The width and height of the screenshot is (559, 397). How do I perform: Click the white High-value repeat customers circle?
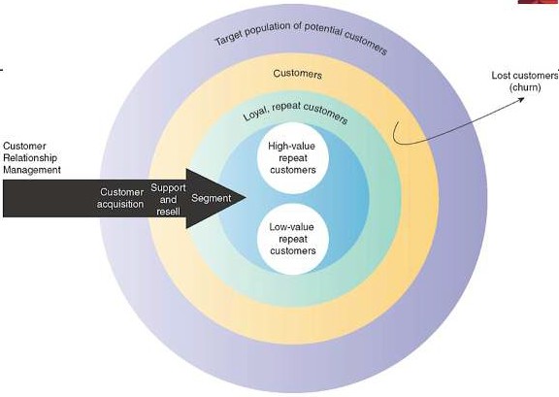pyautogui.click(x=293, y=158)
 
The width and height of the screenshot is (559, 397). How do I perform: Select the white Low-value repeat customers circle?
pyautogui.click(x=293, y=239)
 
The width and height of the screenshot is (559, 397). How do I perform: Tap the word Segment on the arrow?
pyautogui.click(x=212, y=198)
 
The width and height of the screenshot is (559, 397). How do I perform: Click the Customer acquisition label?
pyautogui.click(x=120, y=198)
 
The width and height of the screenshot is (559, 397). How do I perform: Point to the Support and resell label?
pyautogui.click(x=168, y=199)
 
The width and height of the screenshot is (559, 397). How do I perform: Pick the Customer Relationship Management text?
pyautogui.click(x=32, y=158)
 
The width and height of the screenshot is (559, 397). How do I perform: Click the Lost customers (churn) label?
pyautogui.click(x=524, y=82)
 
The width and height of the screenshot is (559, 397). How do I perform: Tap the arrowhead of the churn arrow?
pyautogui.click(x=521, y=98)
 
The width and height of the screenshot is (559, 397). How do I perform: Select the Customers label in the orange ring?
pyautogui.click(x=298, y=74)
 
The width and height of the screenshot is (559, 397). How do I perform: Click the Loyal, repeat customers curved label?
pyautogui.click(x=295, y=112)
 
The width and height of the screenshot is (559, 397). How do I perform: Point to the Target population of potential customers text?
pyautogui.click(x=301, y=38)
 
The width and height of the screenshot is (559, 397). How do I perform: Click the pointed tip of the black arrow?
pyautogui.click(x=246, y=197)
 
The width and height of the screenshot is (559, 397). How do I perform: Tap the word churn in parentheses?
pyautogui.click(x=525, y=87)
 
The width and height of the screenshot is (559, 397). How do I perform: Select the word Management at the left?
pyautogui.click(x=32, y=170)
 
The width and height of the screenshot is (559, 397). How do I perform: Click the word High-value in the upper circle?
pyautogui.click(x=291, y=147)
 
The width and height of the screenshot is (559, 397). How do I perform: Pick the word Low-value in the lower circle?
pyautogui.click(x=291, y=227)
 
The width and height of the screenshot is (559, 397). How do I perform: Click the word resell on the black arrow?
pyautogui.click(x=168, y=212)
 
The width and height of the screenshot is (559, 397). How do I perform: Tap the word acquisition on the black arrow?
pyautogui.click(x=120, y=205)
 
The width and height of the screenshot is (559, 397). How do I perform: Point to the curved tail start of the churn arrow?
pyautogui.click(x=396, y=123)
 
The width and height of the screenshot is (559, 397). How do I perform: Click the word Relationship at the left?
pyautogui.click(x=30, y=158)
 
